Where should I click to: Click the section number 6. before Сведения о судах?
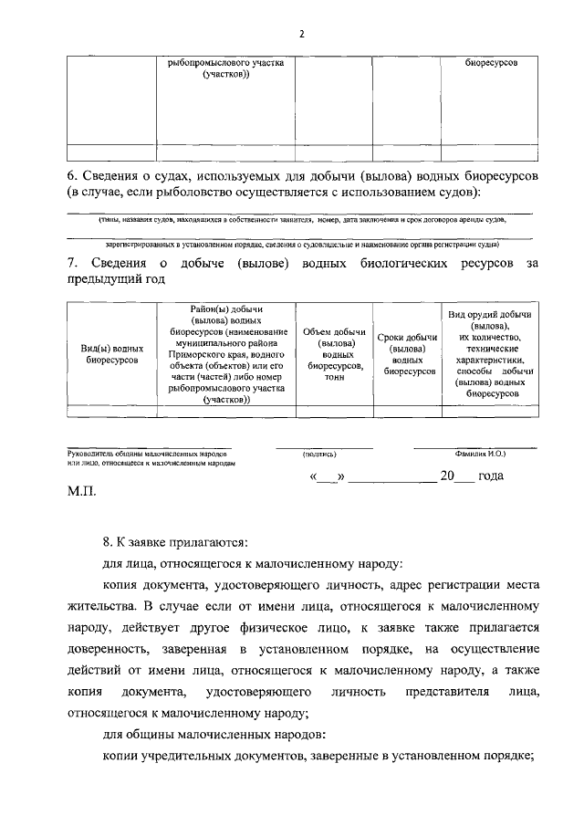pyautogui.click(x=74, y=174)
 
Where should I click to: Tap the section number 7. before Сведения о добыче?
pyautogui.click(x=74, y=264)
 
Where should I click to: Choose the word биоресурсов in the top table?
pyautogui.click(x=490, y=63)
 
